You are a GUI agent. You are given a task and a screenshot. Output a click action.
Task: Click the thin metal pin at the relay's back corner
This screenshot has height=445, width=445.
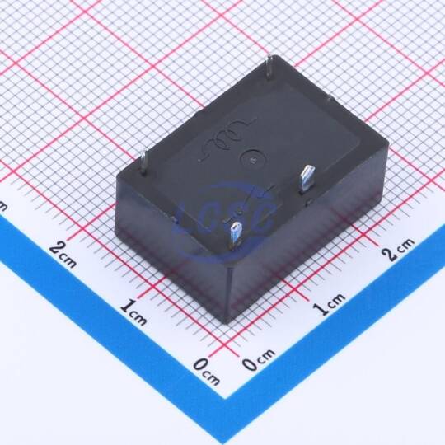click(x=269, y=67)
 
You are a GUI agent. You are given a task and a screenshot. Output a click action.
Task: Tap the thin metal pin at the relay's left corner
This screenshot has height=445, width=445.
click(x=144, y=162)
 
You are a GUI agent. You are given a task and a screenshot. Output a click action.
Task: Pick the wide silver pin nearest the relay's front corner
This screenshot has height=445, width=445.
click(x=237, y=232)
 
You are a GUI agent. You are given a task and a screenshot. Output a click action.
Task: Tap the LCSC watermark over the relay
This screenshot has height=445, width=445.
click(x=224, y=220)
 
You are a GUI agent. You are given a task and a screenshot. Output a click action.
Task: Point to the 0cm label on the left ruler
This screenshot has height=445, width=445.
click(x=207, y=371)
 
